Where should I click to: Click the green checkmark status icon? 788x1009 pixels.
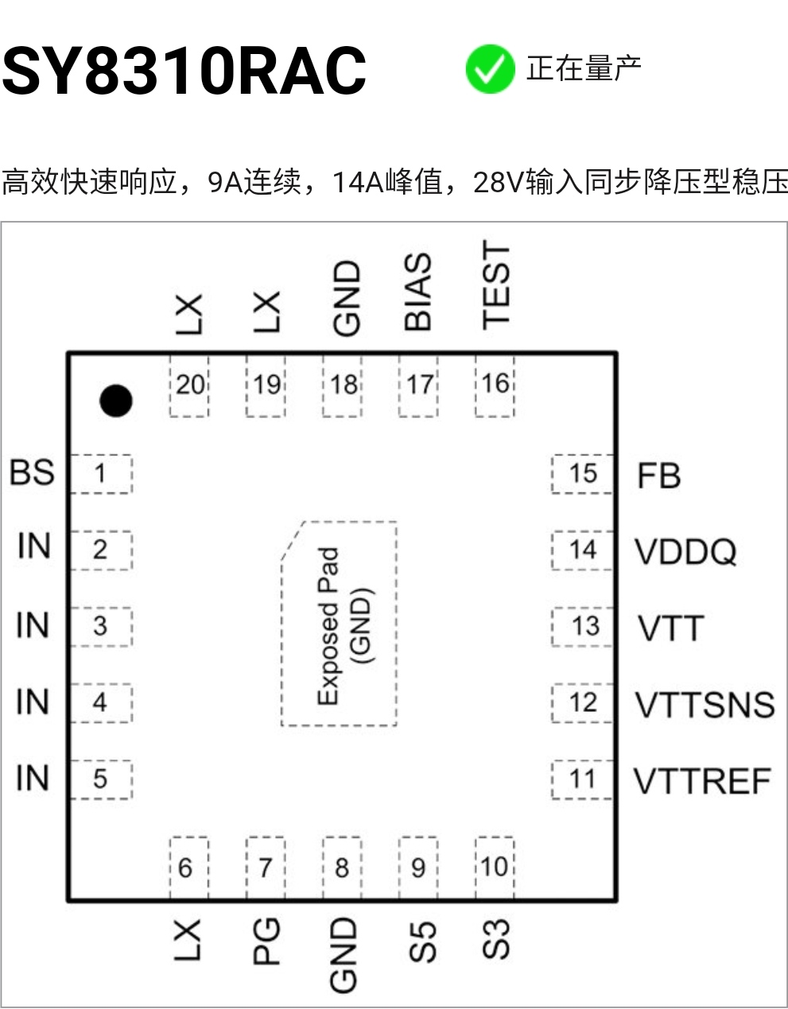point(490,68)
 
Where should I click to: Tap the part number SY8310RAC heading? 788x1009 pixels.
point(184,71)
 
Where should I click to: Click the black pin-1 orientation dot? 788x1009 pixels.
point(115,400)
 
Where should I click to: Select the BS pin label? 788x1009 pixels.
point(32,473)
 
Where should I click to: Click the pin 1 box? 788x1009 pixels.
point(101,474)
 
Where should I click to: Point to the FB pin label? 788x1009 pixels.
point(659,475)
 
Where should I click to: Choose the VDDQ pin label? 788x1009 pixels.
point(685,551)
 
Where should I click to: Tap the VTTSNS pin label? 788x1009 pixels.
point(705,705)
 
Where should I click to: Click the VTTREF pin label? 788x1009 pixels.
point(703,782)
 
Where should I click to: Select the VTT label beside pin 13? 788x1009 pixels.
point(671,628)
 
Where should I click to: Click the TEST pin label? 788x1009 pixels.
point(496,285)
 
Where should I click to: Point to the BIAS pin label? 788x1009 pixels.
point(418,292)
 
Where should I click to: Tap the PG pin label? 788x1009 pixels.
point(266,941)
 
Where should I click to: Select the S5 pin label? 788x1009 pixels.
point(422,941)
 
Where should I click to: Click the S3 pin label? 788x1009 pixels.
point(496,939)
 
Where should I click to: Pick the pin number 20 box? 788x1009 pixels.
point(189,385)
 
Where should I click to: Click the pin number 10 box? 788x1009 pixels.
point(495,868)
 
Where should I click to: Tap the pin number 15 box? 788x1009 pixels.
point(582,474)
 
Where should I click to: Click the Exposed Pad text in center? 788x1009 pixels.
point(328,626)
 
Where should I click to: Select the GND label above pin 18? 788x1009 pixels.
point(347,298)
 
